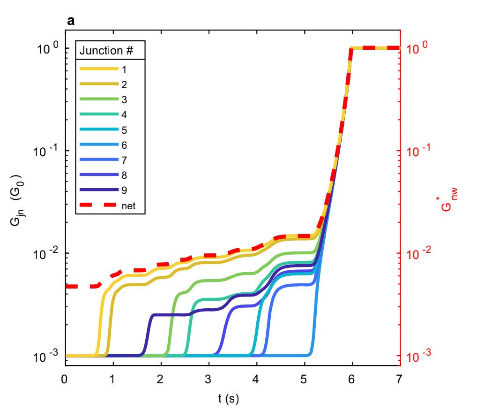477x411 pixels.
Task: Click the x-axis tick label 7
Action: (399, 380)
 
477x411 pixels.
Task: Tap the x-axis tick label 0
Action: (65, 380)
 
